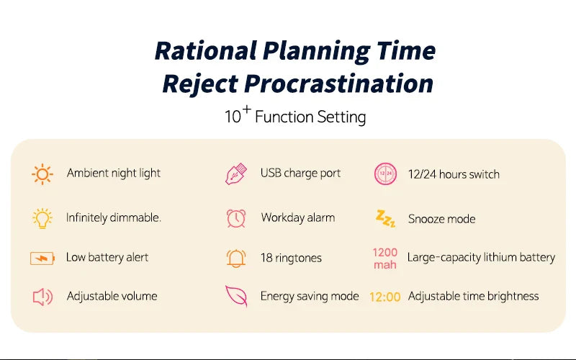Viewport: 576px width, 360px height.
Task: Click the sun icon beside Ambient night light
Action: [42, 174]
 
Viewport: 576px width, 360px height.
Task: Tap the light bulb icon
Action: [42, 219]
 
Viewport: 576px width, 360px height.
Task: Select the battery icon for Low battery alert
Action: [42, 258]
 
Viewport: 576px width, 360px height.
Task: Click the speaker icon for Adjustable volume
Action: [42, 297]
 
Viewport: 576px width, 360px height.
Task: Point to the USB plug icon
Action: [236, 174]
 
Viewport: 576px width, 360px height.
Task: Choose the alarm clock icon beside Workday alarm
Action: [236, 219]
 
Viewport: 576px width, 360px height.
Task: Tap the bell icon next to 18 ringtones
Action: [236, 258]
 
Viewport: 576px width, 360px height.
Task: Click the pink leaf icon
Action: [236, 296]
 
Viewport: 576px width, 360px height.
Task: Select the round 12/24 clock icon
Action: [385, 174]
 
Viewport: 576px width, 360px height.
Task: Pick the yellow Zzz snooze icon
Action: [385, 219]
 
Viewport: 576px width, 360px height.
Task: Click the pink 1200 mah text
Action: [385, 258]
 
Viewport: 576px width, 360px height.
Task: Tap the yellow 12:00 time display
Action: [385, 297]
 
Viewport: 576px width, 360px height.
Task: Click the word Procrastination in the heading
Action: [338, 84]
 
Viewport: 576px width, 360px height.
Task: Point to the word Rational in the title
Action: [206, 50]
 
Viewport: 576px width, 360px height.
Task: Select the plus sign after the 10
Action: [247, 109]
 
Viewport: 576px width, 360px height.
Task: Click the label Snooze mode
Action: [441, 219]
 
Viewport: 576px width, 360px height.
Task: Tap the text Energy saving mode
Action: [310, 296]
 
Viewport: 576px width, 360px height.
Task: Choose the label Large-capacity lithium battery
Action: [481, 258]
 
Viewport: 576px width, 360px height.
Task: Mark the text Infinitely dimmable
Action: [114, 217]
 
